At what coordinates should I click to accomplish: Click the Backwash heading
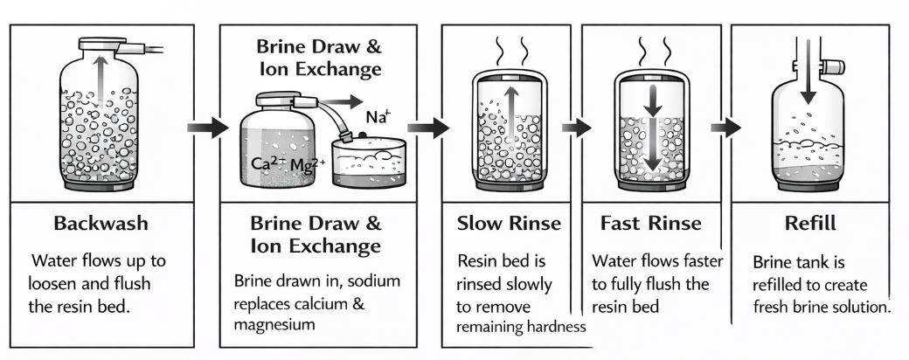(101, 224)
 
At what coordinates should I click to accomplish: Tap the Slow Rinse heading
(509, 224)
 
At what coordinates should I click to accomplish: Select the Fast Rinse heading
(650, 224)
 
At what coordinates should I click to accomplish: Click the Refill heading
(808, 224)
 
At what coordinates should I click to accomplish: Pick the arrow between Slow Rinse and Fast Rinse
(572, 128)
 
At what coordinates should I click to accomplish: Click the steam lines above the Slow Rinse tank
(510, 50)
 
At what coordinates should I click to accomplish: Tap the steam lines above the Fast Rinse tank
(650, 50)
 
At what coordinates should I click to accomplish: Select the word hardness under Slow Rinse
(555, 326)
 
